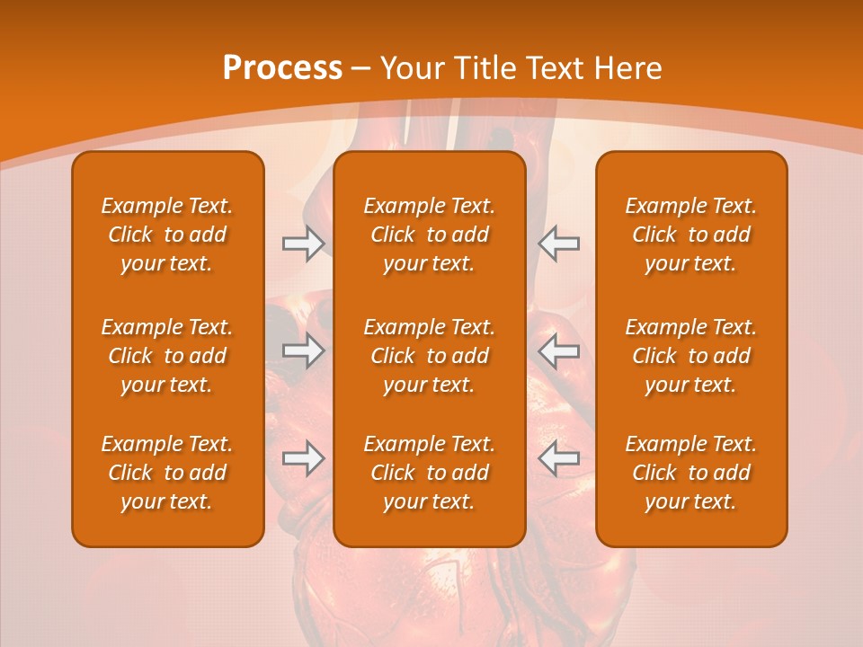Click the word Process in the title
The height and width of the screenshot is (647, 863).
(282, 68)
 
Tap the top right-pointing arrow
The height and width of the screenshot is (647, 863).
(304, 244)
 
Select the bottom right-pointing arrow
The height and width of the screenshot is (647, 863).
(304, 458)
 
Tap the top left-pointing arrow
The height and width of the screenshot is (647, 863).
(559, 244)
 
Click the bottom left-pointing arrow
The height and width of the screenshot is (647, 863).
(559, 458)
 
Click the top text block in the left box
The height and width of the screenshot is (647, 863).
(167, 235)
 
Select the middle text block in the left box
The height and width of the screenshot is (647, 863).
(167, 356)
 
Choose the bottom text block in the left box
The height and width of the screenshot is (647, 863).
(167, 473)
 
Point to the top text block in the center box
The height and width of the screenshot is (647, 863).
(429, 235)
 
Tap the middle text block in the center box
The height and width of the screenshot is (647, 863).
(429, 356)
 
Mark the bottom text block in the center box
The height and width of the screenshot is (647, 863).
(429, 473)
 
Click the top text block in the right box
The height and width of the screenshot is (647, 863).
(690, 235)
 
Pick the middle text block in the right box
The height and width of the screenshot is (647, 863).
(690, 356)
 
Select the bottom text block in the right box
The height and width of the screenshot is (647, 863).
(690, 473)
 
